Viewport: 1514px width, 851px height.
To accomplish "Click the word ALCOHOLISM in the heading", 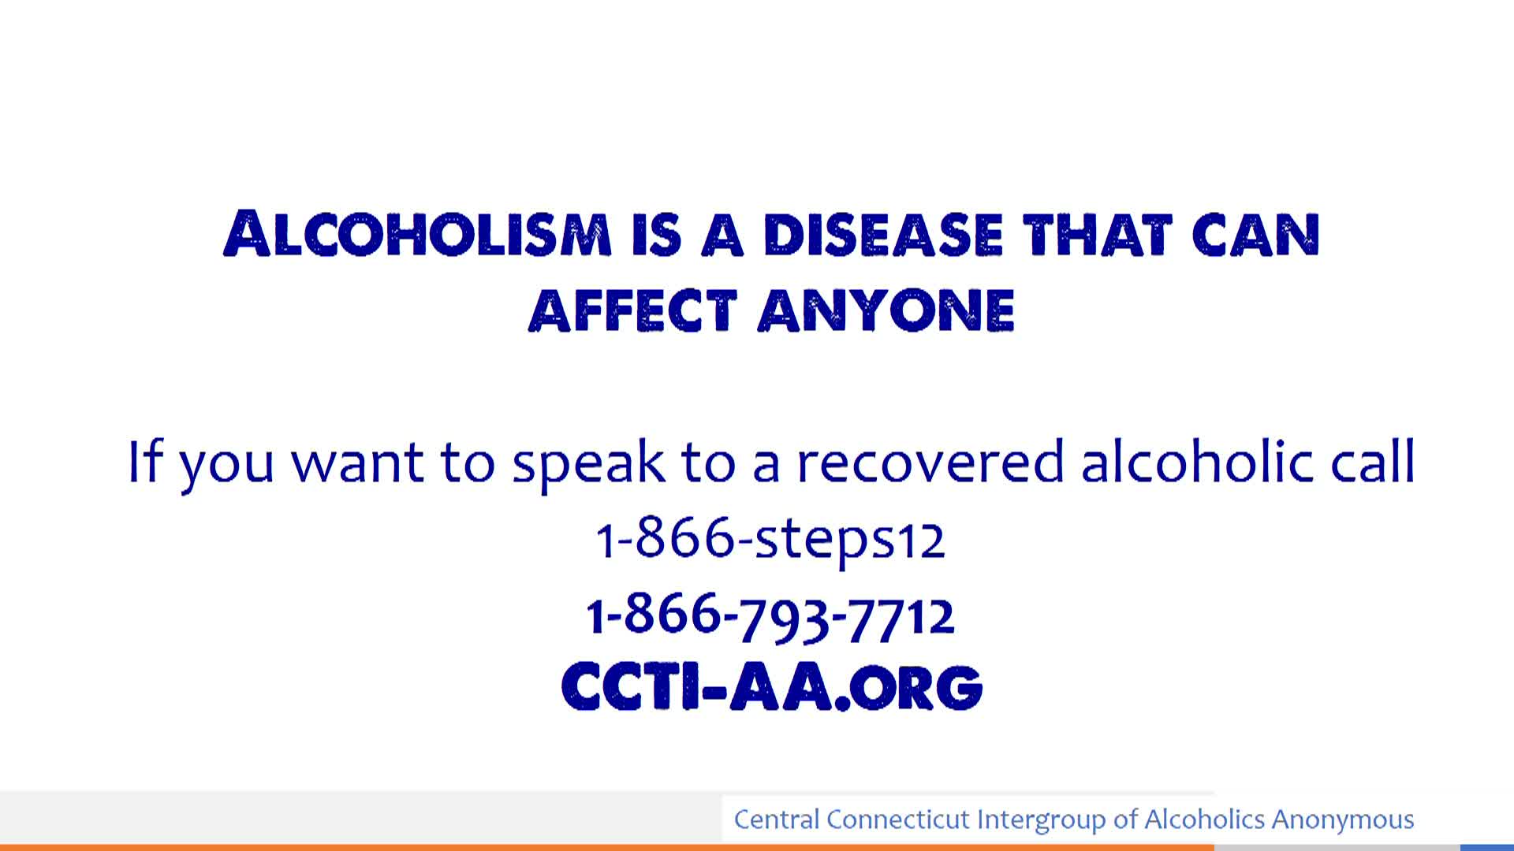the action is (x=418, y=233).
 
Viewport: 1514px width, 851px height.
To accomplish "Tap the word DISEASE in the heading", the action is (x=883, y=234).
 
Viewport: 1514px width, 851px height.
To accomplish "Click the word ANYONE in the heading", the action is (x=886, y=310).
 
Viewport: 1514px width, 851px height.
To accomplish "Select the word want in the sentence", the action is (x=358, y=463).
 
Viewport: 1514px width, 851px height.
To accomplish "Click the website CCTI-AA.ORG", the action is (x=772, y=686).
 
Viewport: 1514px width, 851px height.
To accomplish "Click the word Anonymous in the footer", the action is (x=1343, y=819).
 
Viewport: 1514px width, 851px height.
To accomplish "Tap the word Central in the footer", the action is (x=777, y=819).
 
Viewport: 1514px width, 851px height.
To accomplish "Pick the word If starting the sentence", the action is (x=145, y=462).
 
